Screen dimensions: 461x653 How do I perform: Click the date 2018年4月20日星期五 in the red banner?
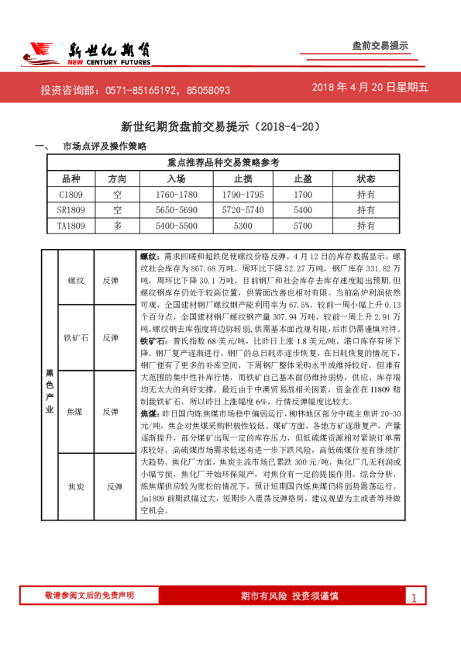(x=370, y=88)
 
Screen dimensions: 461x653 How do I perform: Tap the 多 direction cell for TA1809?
(x=117, y=226)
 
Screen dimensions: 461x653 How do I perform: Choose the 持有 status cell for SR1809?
(x=366, y=210)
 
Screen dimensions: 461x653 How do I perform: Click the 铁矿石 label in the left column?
(x=76, y=337)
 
